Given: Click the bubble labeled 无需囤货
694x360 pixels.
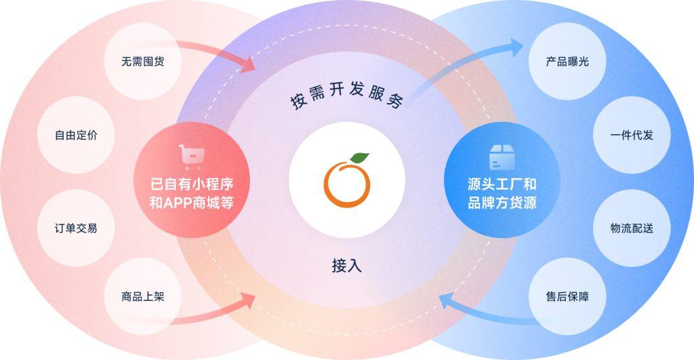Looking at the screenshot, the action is tap(142, 61).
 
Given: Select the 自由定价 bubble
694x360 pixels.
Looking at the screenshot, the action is tap(76, 135).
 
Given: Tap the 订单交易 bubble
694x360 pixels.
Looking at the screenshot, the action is tap(76, 228).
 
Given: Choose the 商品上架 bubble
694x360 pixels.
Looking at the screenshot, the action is tap(142, 296).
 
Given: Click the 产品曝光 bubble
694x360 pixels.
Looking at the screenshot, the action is tap(567, 61).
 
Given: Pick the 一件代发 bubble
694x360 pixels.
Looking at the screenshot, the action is tap(632, 135).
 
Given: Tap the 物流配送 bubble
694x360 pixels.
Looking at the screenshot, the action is tap(632, 228).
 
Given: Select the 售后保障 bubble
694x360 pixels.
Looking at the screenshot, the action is tap(567, 296).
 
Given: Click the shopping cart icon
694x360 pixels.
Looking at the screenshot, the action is tap(192, 157).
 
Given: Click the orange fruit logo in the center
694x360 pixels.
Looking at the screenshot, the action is tap(347, 180).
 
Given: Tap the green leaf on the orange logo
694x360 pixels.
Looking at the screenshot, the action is tap(359, 157).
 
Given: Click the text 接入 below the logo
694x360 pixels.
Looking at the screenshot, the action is tap(347, 265).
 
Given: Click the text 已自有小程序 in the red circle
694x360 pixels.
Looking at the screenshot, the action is tap(192, 184).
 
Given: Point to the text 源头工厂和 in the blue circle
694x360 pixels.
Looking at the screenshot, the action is tap(502, 184).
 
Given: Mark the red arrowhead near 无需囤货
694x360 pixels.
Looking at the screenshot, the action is tap(249, 64).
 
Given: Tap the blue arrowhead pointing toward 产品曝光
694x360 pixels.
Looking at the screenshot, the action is tap(516, 47).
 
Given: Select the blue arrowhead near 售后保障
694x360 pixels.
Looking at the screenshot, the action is tap(446, 300).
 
